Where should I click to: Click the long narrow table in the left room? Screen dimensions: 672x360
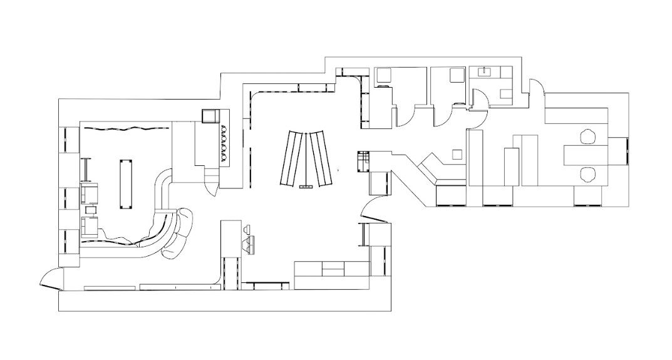coord(126,184)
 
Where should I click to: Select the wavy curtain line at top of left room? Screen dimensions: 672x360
coord(125,129)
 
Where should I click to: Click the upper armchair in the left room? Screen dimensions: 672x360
coord(91,193)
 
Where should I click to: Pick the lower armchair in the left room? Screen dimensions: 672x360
coord(91,226)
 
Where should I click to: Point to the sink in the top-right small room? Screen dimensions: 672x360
coord(485,72)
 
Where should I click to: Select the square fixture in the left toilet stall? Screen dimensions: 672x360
coord(383,76)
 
